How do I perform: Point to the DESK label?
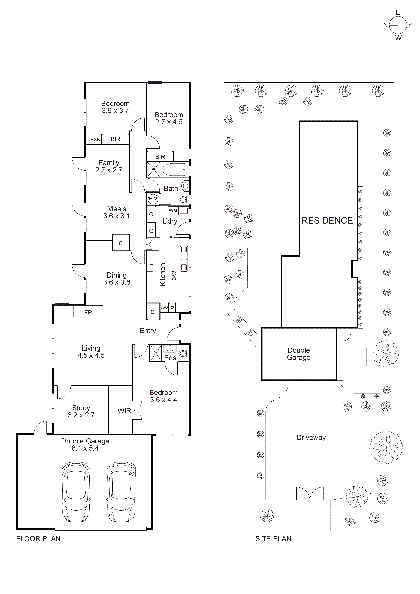(93, 139)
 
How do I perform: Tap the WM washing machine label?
(173, 210)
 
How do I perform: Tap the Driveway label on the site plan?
(311, 438)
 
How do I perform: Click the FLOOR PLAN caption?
(38, 539)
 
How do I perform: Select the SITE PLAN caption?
(273, 539)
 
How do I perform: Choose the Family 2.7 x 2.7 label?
(109, 166)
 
